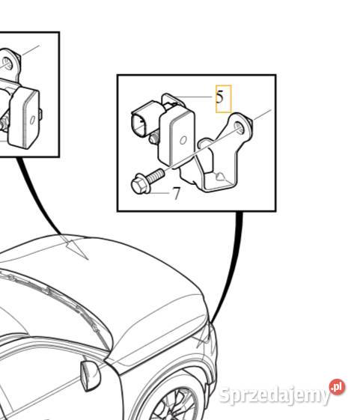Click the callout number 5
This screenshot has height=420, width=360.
(x=220, y=97)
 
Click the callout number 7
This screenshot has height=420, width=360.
(x=177, y=195)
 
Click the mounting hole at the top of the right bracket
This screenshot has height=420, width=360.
(x=239, y=125)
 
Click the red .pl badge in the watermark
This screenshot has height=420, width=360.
(x=337, y=387)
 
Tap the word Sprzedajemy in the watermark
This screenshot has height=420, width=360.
(x=274, y=395)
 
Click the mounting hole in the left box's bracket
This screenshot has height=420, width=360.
(x=7, y=63)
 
